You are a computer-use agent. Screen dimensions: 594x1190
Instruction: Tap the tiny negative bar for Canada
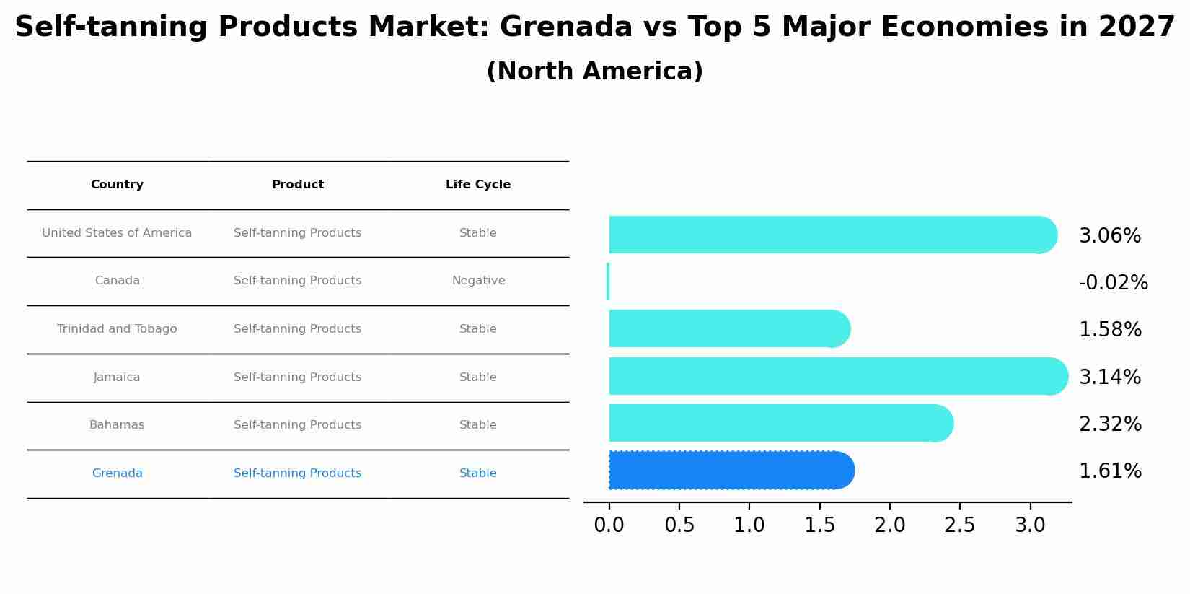pyautogui.click(x=608, y=281)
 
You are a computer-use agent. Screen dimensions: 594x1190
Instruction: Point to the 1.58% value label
pyautogui.click(x=1109, y=330)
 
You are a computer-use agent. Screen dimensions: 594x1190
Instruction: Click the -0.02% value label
pyautogui.click(x=1112, y=283)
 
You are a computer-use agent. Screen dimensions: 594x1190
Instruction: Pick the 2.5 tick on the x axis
pyautogui.click(x=960, y=525)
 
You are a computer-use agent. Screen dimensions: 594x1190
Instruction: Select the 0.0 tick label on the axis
pyautogui.click(x=609, y=525)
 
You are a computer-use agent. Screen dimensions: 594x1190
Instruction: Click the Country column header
pyautogui.click(x=117, y=185)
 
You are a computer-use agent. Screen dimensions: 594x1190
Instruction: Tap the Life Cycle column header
pyautogui.click(x=477, y=185)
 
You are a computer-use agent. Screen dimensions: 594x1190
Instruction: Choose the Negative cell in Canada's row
pyautogui.click(x=478, y=281)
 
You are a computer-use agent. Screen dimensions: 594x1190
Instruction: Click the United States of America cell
pyautogui.click(x=117, y=233)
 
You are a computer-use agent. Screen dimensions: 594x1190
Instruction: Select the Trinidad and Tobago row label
pyautogui.click(x=117, y=329)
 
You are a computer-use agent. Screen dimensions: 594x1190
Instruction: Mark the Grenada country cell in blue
pyautogui.click(x=117, y=473)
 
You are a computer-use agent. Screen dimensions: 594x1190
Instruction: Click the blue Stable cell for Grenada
pyautogui.click(x=477, y=473)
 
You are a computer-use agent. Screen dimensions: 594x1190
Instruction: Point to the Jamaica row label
pyautogui.click(x=117, y=377)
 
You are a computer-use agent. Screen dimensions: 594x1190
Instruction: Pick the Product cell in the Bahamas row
pyautogui.click(x=297, y=425)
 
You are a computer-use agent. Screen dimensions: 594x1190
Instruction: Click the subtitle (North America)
pyautogui.click(x=594, y=71)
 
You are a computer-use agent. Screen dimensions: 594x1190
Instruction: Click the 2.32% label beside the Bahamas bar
pyautogui.click(x=1109, y=424)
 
